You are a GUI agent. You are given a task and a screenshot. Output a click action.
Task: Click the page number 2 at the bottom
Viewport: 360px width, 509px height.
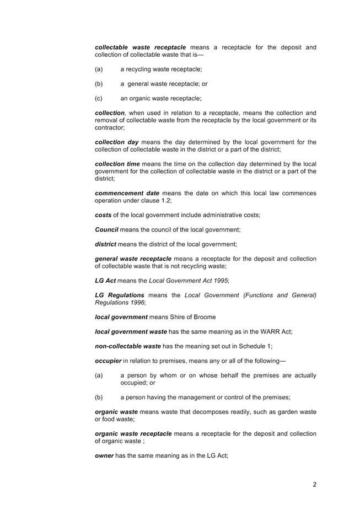(314, 485)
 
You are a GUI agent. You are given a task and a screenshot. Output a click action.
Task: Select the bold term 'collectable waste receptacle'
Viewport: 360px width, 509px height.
(140, 47)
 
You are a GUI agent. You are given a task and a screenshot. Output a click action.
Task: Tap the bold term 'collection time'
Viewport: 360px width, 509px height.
(117, 164)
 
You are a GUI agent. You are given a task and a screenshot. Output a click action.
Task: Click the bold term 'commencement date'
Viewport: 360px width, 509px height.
(127, 193)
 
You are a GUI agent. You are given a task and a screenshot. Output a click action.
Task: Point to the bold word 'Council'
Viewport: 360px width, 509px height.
(106, 229)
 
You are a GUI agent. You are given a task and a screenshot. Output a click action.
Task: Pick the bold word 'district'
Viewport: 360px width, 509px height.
(105, 244)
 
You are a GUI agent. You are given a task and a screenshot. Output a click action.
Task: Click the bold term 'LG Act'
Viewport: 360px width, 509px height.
(105, 281)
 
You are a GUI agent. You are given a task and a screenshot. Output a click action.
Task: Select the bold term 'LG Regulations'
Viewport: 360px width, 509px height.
(120, 295)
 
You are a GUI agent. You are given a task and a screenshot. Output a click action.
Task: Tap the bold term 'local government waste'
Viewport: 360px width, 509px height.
(131, 331)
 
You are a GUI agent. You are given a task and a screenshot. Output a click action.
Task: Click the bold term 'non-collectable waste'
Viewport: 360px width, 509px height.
(128, 346)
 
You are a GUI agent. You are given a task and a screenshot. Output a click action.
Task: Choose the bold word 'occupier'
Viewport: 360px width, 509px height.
(108, 361)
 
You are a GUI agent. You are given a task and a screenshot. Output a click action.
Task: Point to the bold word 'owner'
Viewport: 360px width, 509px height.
(104, 456)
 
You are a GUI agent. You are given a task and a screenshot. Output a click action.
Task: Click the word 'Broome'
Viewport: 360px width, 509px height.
(204, 317)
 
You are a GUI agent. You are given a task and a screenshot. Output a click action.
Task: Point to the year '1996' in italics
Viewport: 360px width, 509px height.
(136, 303)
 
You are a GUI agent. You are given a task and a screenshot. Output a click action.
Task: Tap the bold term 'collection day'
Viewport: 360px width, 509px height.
(117, 142)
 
